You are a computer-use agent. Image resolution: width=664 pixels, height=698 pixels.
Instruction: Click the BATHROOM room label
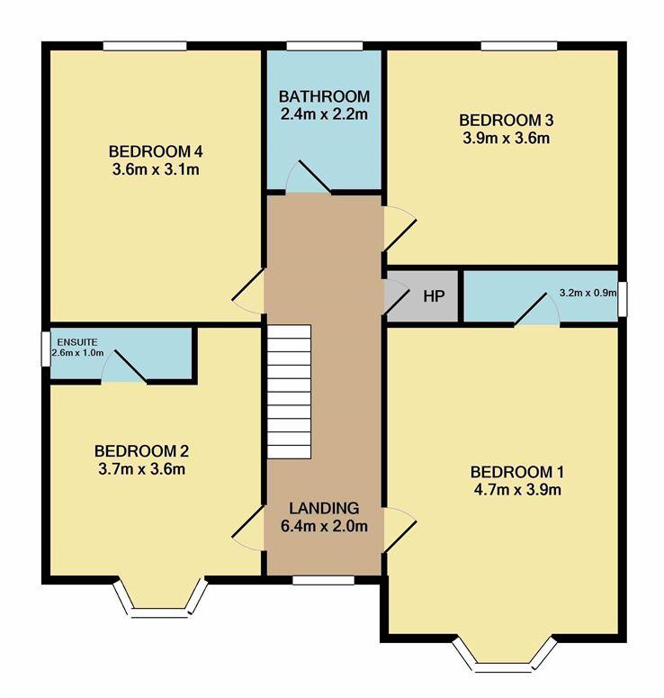(324, 96)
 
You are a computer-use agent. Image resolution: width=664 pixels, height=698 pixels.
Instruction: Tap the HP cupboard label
(434, 296)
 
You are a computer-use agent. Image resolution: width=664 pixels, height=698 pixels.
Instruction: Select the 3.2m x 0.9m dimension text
(588, 293)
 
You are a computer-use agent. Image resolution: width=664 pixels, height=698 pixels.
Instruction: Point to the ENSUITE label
(77, 342)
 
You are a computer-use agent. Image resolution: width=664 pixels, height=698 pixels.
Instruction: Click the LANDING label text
(324, 508)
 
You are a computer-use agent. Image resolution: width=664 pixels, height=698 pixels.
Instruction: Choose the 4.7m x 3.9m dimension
(517, 490)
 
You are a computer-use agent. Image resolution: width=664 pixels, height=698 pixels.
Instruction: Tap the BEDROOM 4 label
(156, 152)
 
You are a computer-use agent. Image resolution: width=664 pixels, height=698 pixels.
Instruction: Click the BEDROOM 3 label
(507, 120)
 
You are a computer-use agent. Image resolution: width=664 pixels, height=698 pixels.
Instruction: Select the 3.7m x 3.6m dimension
(142, 469)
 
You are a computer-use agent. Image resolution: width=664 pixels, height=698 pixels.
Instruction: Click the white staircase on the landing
(289, 392)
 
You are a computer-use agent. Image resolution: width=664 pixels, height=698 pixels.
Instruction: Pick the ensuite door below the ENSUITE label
(124, 366)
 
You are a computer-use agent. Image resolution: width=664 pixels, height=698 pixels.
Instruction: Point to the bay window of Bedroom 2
(160, 599)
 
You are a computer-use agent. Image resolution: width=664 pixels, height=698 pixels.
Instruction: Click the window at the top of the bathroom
(325, 46)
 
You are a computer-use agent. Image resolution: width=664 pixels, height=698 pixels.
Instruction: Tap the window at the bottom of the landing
(323, 580)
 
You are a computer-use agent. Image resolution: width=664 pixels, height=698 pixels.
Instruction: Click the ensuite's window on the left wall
(45, 349)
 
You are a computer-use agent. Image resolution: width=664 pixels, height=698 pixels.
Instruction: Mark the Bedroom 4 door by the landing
(248, 291)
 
